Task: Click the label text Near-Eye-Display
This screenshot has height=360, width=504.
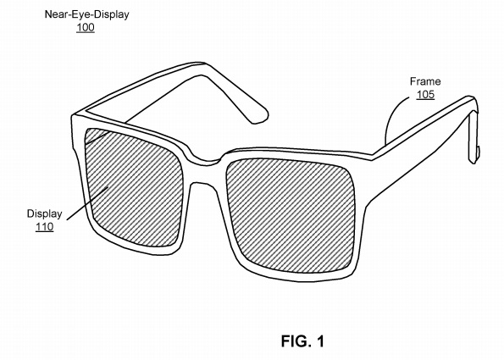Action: (86, 14)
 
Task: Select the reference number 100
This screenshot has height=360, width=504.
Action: (86, 27)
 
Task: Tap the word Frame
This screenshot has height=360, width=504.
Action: (425, 81)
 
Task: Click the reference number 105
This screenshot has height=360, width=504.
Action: (425, 95)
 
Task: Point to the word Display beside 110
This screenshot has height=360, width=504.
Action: (44, 213)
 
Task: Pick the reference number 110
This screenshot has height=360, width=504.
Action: (45, 227)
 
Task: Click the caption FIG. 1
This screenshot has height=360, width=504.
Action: (302, 341)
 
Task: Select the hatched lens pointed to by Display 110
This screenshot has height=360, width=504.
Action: (133, 188)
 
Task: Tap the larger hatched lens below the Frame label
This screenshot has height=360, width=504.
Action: (291, 215)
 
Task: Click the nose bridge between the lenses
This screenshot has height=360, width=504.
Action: (206, 160)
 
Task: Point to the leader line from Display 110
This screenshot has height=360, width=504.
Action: (87, 203)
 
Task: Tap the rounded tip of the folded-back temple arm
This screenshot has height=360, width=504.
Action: (261, 116)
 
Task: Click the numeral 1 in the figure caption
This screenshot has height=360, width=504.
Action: (320, 341)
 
